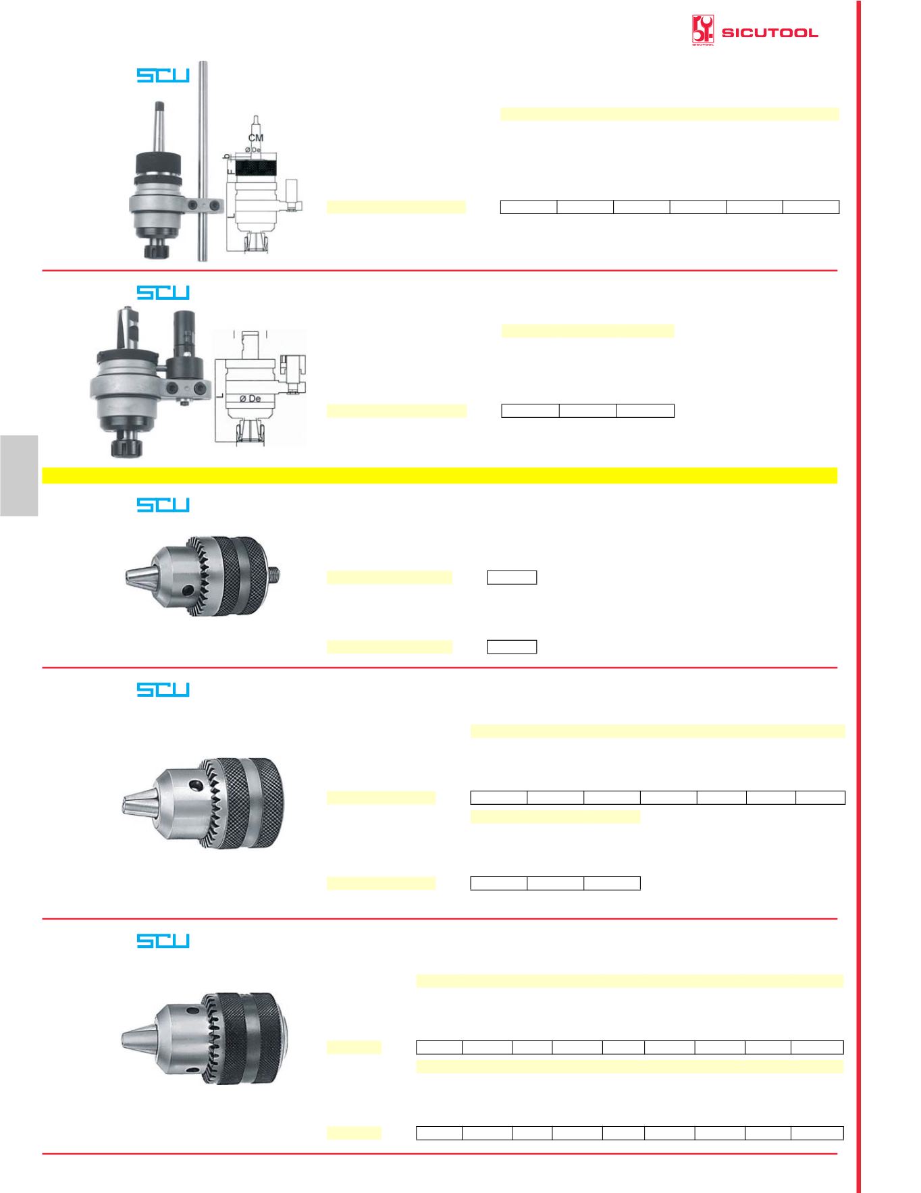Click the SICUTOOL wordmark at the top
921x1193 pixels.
(x=770, y=33)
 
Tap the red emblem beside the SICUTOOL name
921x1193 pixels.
(x=703, y=31)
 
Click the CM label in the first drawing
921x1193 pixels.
(x=256, y=138)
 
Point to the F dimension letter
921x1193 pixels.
(x=230, y=173)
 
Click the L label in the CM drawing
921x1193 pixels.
(x=231, y=215)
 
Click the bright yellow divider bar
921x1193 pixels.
(x=440, y=475)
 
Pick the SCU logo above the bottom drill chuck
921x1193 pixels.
(x=163, y=940)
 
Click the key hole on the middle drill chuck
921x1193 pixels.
(x=196, y=785)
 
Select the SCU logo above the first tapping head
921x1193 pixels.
(x=163, y=75)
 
